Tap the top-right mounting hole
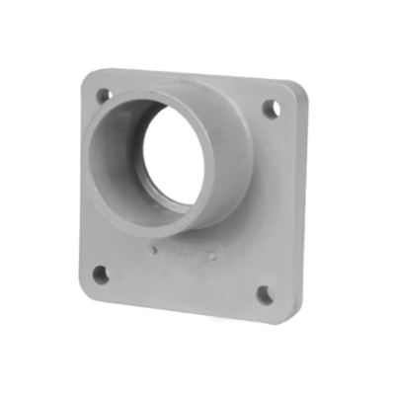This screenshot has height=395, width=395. pos(270,108)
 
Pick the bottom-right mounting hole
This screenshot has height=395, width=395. pos(265,293)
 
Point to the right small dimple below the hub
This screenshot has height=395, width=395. pos(212,257)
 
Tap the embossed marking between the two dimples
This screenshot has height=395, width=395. pos(183,254)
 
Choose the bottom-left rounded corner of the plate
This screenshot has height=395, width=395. pos(87,293)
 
